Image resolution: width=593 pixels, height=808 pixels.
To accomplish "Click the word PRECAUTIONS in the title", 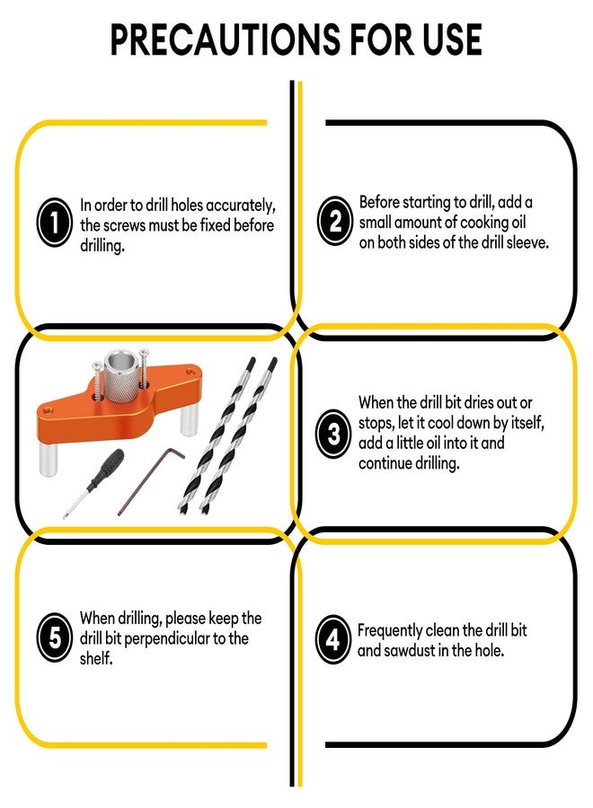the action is pyautogui.click(x=226, y=40).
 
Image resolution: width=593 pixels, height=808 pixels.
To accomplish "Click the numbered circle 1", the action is pyautogui.click(x=54, y=222).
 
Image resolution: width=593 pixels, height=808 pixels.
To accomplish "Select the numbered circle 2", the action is pyautogui.click(x=334, y=221).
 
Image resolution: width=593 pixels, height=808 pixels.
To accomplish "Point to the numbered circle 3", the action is pyautogui.click(x=333, y=434).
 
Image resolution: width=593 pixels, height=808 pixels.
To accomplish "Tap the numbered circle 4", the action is pyautogui.click(x=333, y=639).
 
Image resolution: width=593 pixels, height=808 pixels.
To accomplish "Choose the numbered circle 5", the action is pyautogui.click(x=54, y=637).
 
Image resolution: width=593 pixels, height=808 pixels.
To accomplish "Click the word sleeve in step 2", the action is pyautogui.click(x=527, y=242).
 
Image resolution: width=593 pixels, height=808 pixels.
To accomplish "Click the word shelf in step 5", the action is pyautogui.click(x=96, y=658).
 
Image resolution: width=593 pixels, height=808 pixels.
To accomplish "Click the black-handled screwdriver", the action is pyautogui.click(x=93, y=483).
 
